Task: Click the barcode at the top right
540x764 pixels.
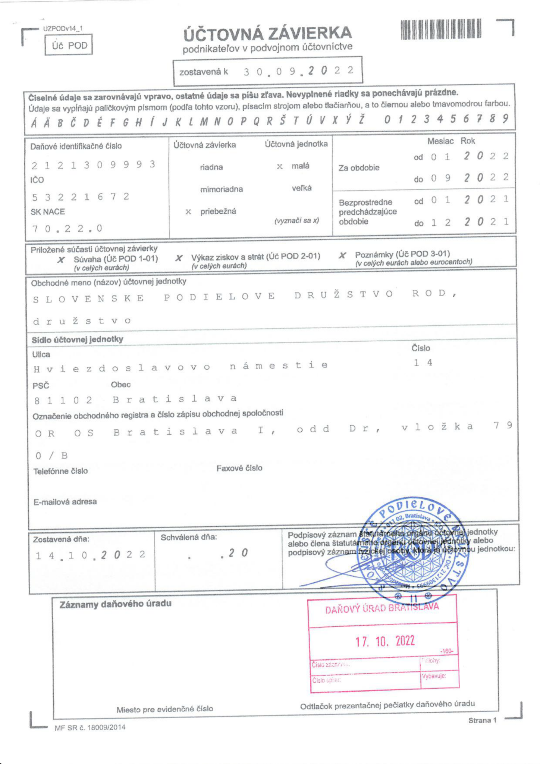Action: tap(441, 29)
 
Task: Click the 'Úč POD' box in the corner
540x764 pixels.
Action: tap(69, 45)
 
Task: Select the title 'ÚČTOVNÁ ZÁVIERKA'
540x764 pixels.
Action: tap(267, 34)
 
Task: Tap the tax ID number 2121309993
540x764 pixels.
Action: tap(93, 165)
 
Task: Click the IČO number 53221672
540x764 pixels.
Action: tap(81, 196)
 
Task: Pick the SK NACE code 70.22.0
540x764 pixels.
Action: tap(67, 228)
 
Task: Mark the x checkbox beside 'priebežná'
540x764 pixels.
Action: tap(188, 212)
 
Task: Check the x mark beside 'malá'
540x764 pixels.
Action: tap(280, 166)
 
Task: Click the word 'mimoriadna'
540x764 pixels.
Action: tap(222, 189)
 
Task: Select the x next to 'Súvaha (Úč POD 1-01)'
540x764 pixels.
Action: tap(61, 260)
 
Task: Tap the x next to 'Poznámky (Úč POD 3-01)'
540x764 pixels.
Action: tap(342, 256)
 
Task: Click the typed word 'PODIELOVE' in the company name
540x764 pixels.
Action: tap(219, 297)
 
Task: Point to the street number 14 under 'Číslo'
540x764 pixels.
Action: tap(423, 362)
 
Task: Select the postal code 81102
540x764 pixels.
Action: tap(63, 400)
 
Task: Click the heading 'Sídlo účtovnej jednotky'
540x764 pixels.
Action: tap(77, 339)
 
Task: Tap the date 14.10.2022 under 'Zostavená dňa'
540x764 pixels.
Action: tap(90, 555)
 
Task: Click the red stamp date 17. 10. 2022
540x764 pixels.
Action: tap(385, 641)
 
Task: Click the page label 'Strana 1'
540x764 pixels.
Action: tap(482, 720)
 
